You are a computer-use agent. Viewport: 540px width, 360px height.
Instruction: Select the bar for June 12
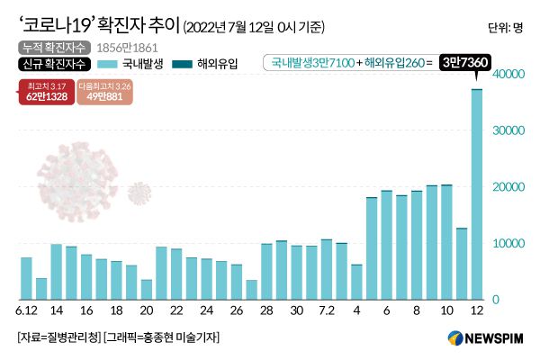[x=26, y=278]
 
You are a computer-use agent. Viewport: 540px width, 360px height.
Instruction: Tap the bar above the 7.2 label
[x=327, y=270]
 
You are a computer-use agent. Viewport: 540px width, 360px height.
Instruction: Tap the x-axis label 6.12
[x=26, y=310]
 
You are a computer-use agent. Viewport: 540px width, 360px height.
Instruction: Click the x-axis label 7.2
[x=327, y=310]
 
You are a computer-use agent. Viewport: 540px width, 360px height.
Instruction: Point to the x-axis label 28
[x=266, y=310]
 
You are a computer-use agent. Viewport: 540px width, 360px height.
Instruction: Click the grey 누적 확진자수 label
[x=51, y=47]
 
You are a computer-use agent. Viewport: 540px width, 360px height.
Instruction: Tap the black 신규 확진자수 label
[x=51, y=64]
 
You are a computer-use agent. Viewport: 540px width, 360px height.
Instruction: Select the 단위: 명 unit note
[x=505, y=27]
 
